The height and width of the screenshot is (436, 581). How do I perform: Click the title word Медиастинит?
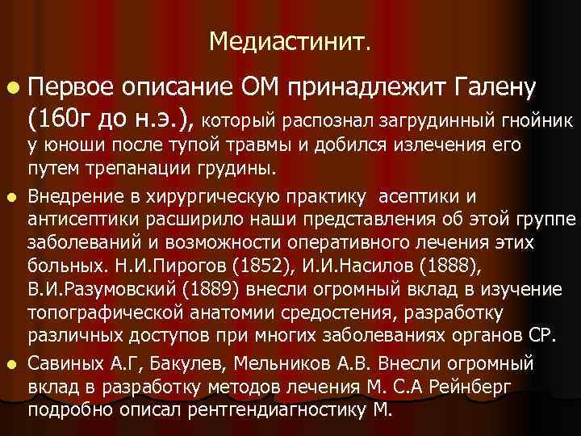pos(290,40)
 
